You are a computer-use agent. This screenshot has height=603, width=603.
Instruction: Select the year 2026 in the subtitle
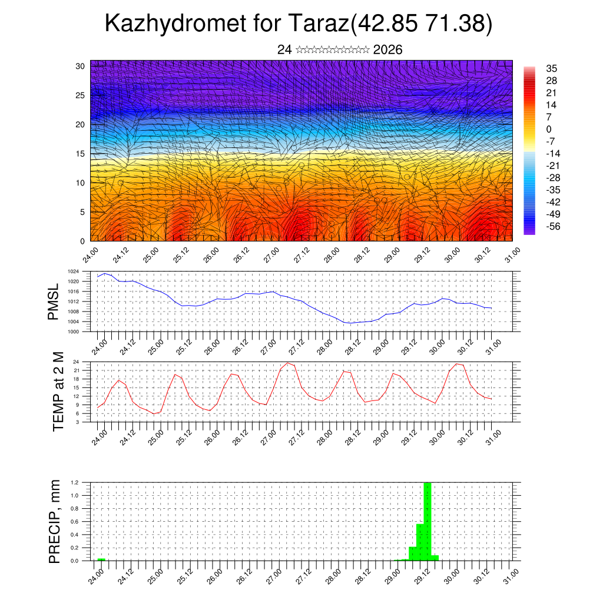tap(388, 50)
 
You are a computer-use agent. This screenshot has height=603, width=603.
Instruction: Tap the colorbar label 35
tap(552, 68)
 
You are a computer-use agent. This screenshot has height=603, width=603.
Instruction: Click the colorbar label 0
tap(549, 130)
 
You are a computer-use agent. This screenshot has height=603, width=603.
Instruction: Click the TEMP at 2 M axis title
tap(58, 392)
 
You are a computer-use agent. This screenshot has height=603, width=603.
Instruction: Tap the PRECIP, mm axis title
tap(54, 522)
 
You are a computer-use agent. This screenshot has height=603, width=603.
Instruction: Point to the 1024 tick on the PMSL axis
tap(73, 271)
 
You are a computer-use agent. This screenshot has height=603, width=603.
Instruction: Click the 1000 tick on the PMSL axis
tap(73, 332)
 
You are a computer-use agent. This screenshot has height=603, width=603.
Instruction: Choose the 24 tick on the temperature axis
tap(77, 362)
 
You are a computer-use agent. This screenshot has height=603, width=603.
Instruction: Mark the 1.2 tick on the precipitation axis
tap(75, 482)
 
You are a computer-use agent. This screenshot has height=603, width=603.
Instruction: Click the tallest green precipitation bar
tap(428, 521)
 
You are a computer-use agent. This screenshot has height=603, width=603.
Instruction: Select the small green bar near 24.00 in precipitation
tap(101, 559)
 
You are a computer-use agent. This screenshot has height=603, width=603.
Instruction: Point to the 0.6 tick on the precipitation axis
tap(75, 522)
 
